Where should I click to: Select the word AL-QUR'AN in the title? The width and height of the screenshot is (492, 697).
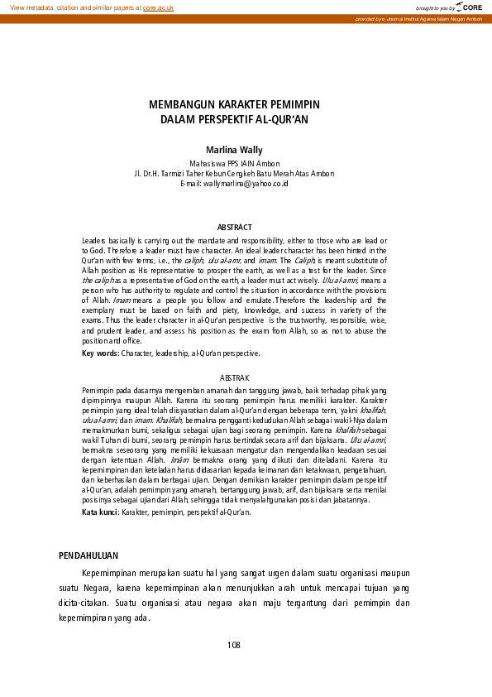pos(281,119)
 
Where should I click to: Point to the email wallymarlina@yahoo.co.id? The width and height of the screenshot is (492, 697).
pos(246,183)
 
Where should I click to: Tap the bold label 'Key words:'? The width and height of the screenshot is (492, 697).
pos(100,353)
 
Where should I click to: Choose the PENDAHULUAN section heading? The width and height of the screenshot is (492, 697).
pos(88,555)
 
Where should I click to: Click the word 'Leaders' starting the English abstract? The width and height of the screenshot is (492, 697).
pos(95,239)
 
